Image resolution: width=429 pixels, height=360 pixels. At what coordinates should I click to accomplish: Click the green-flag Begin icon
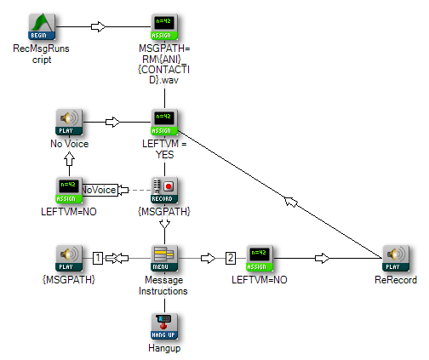[x=42, y=26]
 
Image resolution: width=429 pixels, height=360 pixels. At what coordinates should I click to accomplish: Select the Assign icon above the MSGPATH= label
[x=164, y=26]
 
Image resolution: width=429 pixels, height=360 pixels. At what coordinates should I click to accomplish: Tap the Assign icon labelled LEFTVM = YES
[x=164, y=122]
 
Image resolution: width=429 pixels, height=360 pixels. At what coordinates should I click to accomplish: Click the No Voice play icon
[x=69, y=122]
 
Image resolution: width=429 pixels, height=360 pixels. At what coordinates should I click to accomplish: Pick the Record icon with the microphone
[x=164, y=190]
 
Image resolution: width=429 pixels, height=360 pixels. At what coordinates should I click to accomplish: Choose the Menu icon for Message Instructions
[x=164, y=258]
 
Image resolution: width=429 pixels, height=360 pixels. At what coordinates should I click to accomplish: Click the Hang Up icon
[x=164, y=326]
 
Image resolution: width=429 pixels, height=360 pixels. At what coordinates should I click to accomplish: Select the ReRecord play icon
[x=396, y=258]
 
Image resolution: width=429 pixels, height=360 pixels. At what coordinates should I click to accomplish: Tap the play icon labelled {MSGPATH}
[x=69, y=258]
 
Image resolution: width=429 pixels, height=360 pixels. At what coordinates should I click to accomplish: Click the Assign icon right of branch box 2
[x=260, y=258]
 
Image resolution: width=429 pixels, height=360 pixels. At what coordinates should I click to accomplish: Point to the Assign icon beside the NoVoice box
[x=69, y=190]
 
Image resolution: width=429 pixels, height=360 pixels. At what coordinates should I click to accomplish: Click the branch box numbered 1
[x=98, y=258]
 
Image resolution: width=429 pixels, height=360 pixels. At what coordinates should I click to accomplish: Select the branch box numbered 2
[x=231, y=258]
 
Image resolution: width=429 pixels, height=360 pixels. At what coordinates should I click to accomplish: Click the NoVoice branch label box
[x=100, y=190]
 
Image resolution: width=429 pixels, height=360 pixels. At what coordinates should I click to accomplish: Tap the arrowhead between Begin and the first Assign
[x=98, y=26]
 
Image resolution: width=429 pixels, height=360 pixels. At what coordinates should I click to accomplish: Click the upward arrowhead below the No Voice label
[x=69, y=159]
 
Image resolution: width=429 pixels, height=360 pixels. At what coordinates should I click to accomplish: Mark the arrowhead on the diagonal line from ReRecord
[x=291, y=202]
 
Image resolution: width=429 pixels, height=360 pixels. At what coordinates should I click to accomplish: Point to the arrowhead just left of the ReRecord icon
[x=323, y=258]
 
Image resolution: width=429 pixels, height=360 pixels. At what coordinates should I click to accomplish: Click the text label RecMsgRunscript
[x=42, y=54]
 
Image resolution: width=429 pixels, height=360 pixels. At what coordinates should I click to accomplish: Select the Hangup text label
[x=164, y=348]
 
